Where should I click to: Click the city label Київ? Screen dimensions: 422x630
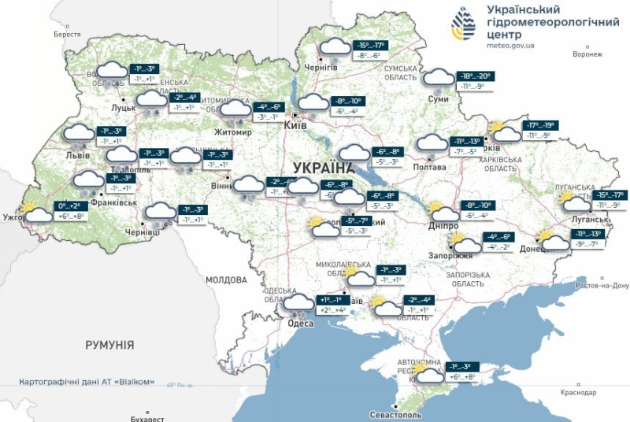pyautogui.click(x=295, y=125)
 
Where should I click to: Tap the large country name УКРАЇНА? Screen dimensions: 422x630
pyautogui.click(x=323, y=168)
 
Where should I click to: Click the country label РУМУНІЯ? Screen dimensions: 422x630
pyautogui.click(x=109, y=345)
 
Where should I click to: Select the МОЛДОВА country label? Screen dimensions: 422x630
pyautogui.click(x=226, y=279)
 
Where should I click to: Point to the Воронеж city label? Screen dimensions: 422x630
pyautogui.click(x=587, y=54)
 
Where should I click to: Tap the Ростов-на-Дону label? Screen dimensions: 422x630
pyautogui.click(x=602, y=285)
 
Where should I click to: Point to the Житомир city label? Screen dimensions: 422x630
pyautogui.click(x=232, y=132)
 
